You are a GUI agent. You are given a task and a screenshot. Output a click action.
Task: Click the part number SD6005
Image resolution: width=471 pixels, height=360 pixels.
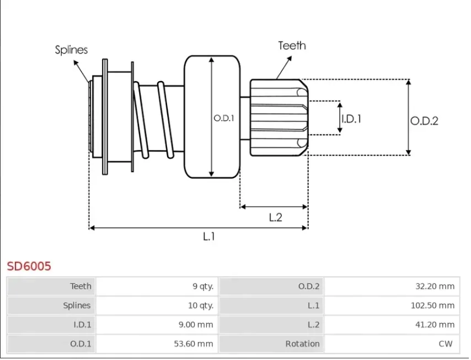tap(29, 266)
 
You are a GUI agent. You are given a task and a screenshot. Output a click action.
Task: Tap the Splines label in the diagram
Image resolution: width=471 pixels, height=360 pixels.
tap(71, 50)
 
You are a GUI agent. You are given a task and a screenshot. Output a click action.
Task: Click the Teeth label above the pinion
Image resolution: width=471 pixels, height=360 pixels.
tap(292, 45)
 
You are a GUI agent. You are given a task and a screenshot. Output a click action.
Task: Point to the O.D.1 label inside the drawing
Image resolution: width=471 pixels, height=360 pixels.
tap(224, 118)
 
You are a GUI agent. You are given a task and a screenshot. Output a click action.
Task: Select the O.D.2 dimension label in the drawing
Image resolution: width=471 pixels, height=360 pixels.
tap(424, 121)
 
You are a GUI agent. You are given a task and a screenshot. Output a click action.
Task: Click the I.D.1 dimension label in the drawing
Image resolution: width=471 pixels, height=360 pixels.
tap(351, 118)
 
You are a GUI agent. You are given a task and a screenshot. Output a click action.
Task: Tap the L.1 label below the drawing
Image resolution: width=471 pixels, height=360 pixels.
tap(208, 237)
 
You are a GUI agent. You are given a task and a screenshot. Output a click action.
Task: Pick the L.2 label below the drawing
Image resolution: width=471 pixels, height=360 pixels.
tap(275, 217)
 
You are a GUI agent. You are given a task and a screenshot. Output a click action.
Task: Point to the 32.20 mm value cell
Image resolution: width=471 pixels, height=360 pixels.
tap(391, 286)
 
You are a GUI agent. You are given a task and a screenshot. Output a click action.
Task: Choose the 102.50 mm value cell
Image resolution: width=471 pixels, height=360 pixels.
tap(391, 305)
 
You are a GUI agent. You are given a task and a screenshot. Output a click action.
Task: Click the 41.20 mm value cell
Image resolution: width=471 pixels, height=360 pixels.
tap(391, 325)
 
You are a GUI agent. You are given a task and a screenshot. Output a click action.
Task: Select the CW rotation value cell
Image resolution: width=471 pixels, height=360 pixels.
tap(391, 344)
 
